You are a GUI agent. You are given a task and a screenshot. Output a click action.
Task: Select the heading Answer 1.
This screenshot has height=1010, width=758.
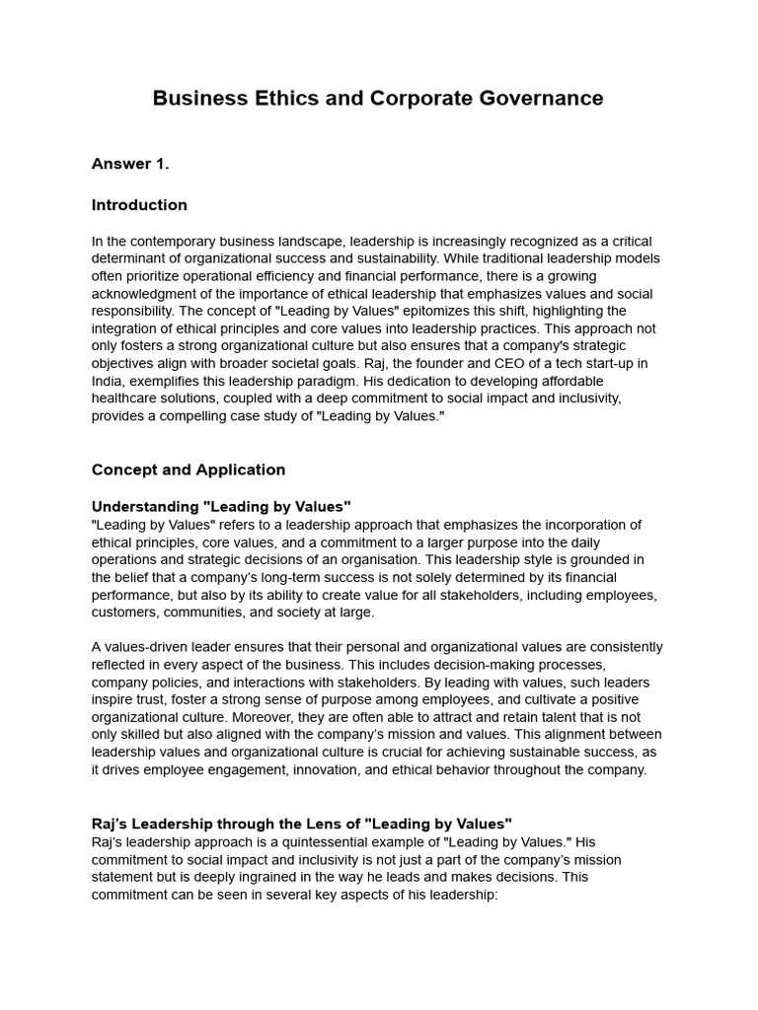pyautogui.click(x=130, y=164)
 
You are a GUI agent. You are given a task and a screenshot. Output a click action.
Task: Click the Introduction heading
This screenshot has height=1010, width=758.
pyautogui.click(x=139, y=205)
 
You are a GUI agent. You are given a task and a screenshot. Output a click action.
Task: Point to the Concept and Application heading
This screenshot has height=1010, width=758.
pyautogui.click(x=189, y=469)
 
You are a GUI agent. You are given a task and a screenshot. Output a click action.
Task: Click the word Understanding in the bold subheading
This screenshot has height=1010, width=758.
pyautogui.click(x=138, y=507)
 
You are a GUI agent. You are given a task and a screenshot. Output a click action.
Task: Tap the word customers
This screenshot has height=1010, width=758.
pyautogui.click(x=125, y=612)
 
